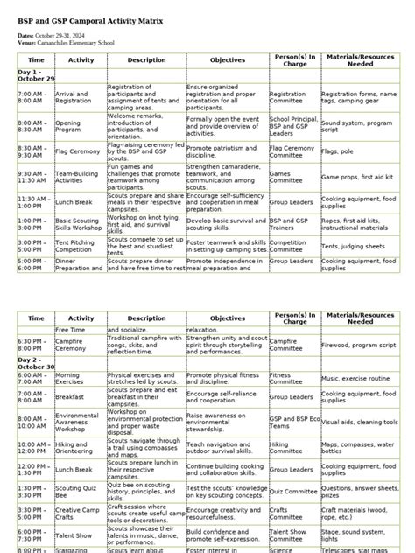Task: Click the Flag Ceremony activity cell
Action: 74,152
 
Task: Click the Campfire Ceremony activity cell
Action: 74,345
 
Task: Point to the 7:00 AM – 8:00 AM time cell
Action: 33,97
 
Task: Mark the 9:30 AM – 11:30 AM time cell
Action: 34,178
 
